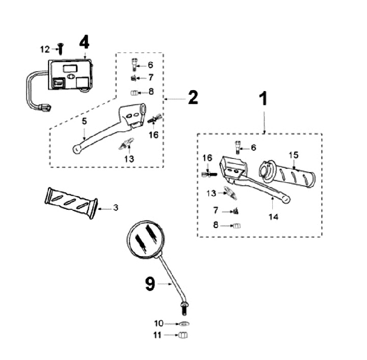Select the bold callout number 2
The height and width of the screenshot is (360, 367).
click(x=193, y=97)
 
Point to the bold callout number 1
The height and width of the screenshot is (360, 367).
click(x=264, y=99)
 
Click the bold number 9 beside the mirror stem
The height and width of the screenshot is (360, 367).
click(x=150, y=284)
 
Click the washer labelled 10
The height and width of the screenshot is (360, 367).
click(x=184, y=324)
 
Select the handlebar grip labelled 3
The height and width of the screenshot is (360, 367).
click(x=70, y=202)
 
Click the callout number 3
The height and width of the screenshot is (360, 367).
click(x=116, y=208)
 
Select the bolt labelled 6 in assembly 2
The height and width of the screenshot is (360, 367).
click(x=136, y=64)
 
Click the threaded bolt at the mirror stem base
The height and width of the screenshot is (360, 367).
click(x=183, y=308)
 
